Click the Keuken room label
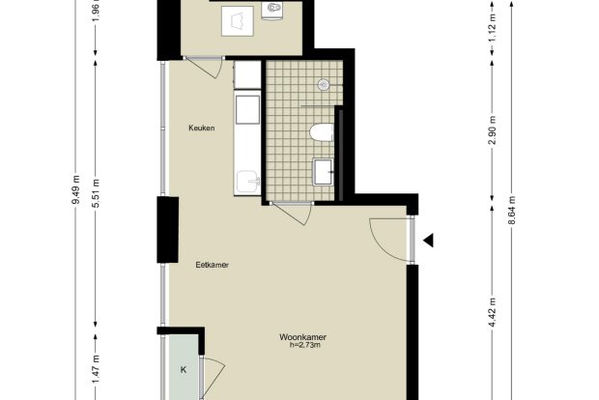(x=202, y=128)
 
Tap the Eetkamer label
(x=212, y=265)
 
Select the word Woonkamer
(x=302, y=337)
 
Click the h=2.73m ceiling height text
(x=305, y=345)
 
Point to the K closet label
(x=184, y=370)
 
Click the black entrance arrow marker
(x=428, y=241)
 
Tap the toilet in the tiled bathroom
(x=322, y=133)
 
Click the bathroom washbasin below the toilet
(x=323, y=172)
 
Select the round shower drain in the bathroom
(x=324, y=84)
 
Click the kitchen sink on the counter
(x=248, y=182)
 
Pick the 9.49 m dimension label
(x=76, y=190)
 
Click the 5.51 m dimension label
(x=96, y=193)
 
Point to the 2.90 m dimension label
(x=493, y=130)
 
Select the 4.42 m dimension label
(x=493, y=312)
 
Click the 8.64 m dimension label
(x=512, y=211)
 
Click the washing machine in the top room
(x=238, y=21)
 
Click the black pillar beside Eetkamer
(x=168, y=230)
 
